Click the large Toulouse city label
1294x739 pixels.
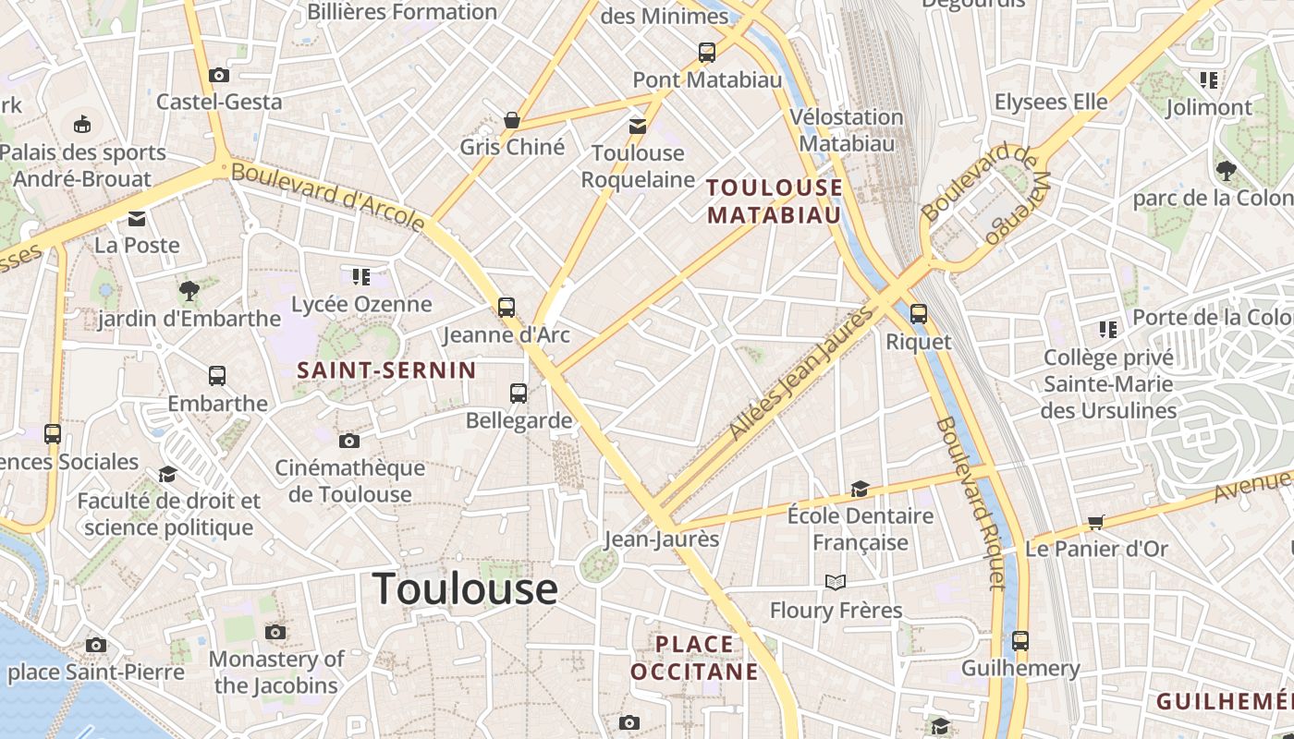465,588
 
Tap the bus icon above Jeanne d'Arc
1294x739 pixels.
507,308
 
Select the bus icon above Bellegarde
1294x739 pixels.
519,394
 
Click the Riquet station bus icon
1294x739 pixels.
918,314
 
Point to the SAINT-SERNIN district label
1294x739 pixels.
386,370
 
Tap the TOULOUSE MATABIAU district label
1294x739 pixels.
775,201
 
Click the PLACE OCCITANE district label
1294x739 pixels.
694,658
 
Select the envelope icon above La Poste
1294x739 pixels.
137,219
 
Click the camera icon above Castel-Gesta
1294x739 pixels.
219,76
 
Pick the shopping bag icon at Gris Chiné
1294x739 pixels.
511,120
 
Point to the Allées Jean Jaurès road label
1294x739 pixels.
800,373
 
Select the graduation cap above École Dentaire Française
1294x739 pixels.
860,489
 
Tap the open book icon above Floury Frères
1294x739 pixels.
836,582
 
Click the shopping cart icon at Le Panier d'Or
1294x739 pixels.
1096,523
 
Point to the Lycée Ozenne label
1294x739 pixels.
361,304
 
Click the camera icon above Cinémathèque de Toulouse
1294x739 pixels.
348,442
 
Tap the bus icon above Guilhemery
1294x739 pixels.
1020,640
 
